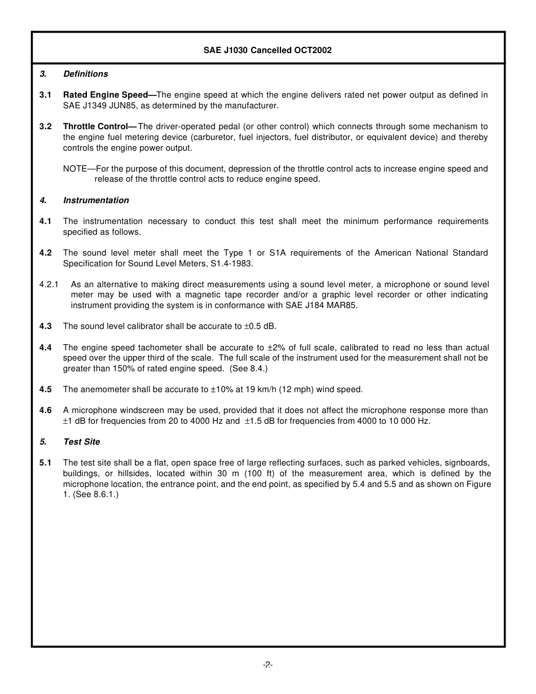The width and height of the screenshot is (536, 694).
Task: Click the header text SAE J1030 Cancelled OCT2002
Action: pos(267,50)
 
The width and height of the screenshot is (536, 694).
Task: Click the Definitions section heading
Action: pos(85,74)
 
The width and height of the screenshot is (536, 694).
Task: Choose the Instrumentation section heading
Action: pos(96,200)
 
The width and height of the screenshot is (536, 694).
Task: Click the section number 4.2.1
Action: pos(49,284)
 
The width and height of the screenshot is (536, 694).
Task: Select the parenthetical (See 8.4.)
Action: pos(248,368)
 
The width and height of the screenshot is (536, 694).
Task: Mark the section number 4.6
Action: pos(46,410)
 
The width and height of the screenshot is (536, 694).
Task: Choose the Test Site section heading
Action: pos(81,442)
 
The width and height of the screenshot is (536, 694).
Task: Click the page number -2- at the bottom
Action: pos(268,665)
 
